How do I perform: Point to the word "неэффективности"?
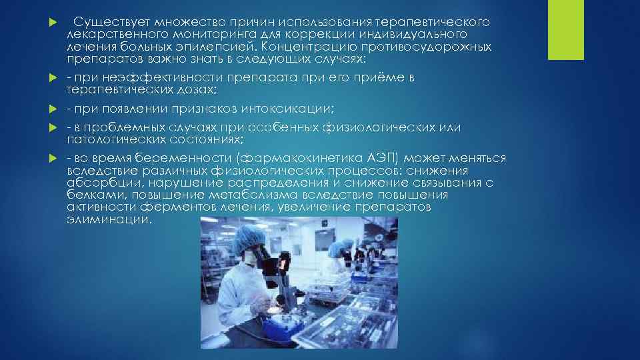[x=145, y=78]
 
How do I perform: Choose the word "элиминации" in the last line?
[x=109, y=219]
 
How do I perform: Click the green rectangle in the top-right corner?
[x=565, y=29]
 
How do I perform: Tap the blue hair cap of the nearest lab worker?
[x=251, y=231]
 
